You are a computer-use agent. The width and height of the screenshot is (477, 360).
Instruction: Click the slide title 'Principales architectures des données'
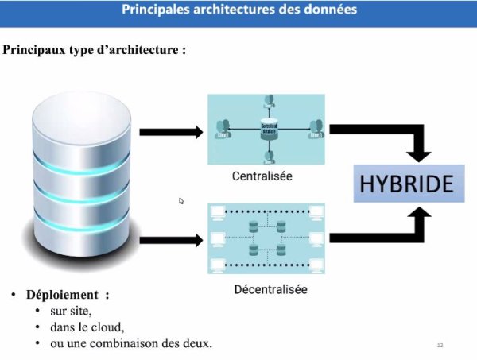[x=238, y=10]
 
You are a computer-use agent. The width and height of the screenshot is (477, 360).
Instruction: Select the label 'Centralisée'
[x=262, y=176]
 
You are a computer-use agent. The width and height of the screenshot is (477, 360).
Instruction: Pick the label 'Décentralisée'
[x=270, y=289]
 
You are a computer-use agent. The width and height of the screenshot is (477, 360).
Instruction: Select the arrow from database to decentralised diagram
[x=171, y=238]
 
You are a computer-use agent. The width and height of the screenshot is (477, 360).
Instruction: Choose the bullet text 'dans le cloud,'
[x=87, y=327]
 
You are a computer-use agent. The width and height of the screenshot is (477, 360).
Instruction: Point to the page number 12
[x=439, y=345]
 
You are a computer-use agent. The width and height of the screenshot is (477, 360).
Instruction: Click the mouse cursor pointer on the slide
[x=181, y=201]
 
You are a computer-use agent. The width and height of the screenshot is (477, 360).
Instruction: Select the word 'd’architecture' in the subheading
[x=144, y=49]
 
